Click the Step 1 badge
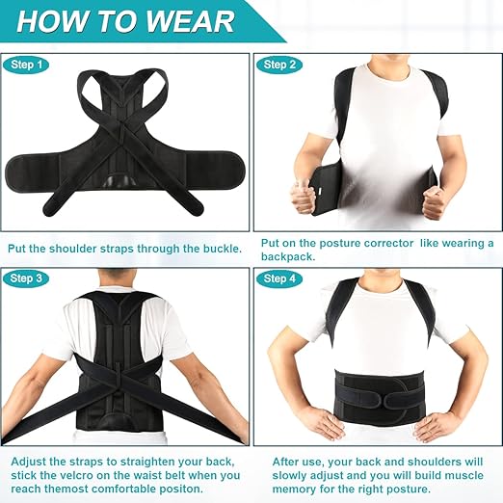(27, 65)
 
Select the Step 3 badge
(27, 278)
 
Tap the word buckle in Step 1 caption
(218, 248)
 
